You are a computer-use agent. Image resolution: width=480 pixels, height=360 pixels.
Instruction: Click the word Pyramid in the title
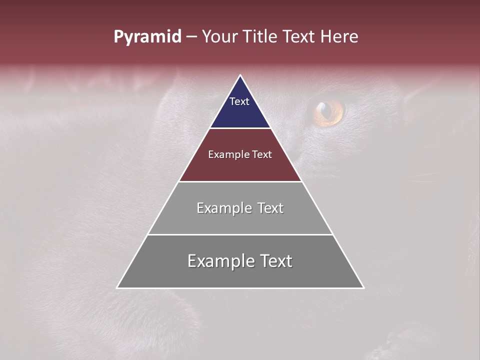tap(147, 37)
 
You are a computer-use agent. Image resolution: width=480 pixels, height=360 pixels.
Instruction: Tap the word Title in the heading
tap(261, 37)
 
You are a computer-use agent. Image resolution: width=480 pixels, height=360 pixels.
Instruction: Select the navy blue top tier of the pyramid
tap(240, 112)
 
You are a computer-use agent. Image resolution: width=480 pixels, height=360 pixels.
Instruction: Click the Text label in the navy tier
tap(239, 101)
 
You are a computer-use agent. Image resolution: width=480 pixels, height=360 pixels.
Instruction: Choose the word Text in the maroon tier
tap(262, 155)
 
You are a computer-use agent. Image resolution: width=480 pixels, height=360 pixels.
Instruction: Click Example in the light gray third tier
tap(223, 208)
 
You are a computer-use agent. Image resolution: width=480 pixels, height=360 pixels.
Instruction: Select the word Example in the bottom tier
tap(220, 261)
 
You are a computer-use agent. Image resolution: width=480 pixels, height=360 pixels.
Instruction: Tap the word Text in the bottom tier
tap(275, 261)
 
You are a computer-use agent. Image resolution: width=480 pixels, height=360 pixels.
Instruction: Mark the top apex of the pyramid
tap(240, 75)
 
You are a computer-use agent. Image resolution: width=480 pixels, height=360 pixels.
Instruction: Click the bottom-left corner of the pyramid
tap(117, 287)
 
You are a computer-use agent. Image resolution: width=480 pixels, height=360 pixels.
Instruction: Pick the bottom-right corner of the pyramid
tap(363, 287)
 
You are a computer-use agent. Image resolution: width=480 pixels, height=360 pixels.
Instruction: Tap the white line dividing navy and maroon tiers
tap(240, 128)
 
